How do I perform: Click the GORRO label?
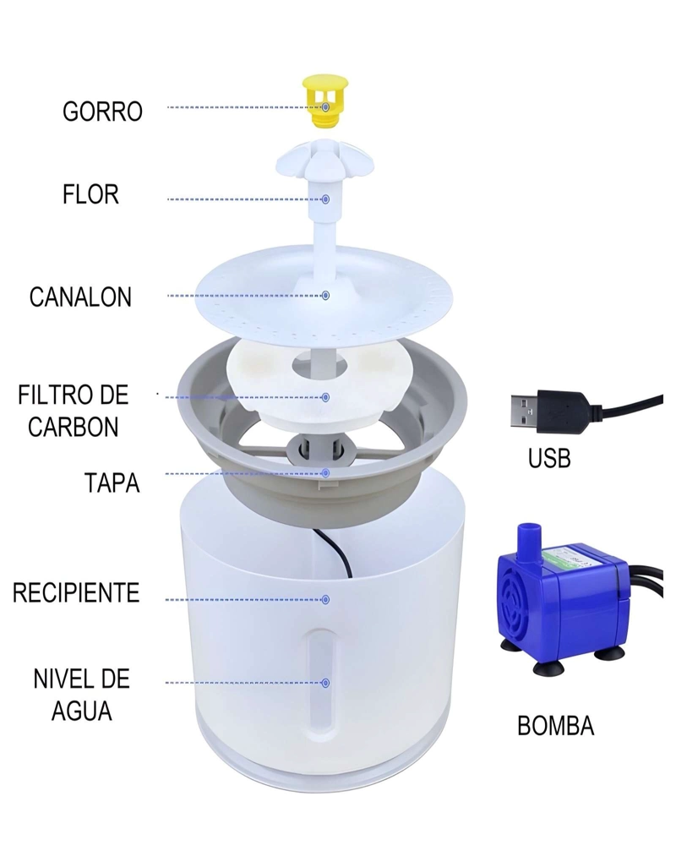(x=102, y=112)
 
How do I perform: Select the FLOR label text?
(x=90, y=194)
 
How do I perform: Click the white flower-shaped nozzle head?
(x=325, y=159)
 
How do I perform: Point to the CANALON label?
(x=80, y=297)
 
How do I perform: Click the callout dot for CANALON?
(x=325, y=295)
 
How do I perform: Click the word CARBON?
(x=74, y=427)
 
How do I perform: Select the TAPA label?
(x=112, y=482)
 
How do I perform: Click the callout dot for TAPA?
(x=325, y=472)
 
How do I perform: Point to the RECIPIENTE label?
(x=76, y=592)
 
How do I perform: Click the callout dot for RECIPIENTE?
(x=325, y=599)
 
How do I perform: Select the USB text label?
(x=549, y=459)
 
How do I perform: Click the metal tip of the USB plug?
(x=524, y=412)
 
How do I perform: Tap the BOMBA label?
(x=555, y=725)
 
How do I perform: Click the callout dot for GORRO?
(x=325, y=107)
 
